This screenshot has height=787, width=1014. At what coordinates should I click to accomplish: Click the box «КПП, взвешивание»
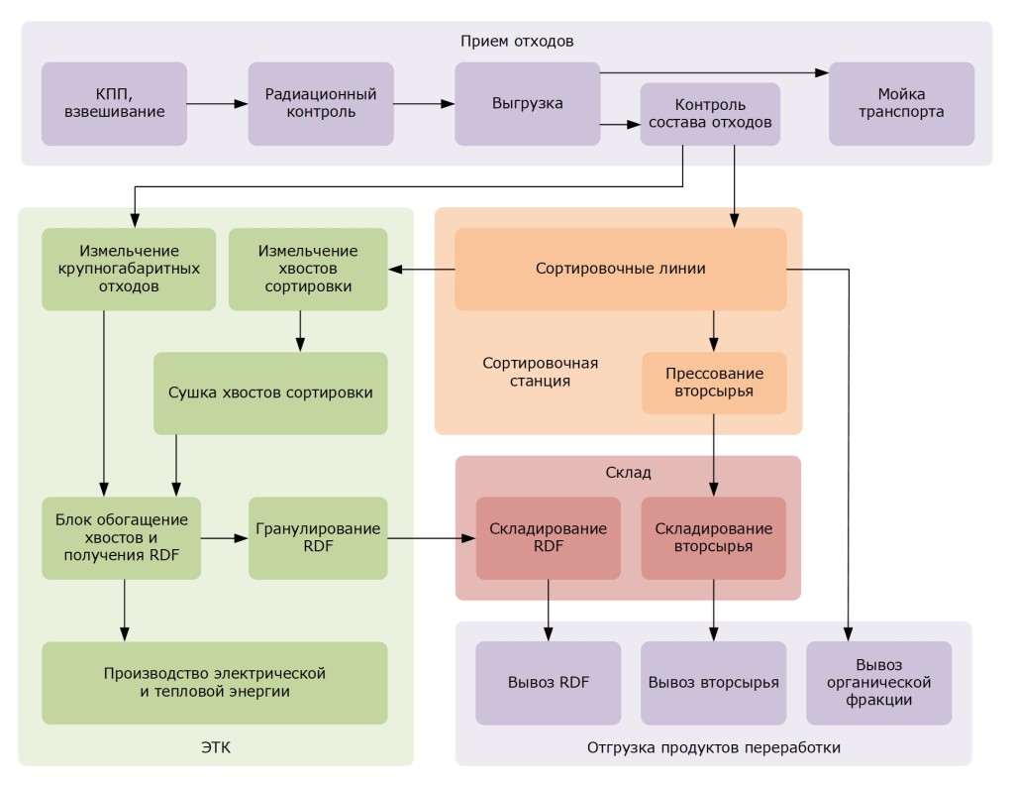(114, 104)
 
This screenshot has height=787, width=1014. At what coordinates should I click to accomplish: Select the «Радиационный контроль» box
(321, 104)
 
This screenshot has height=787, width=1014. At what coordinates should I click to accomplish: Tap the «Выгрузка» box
(527, 104)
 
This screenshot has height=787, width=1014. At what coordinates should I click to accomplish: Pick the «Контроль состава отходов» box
(710, 115)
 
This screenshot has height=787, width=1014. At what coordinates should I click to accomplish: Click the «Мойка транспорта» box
(901, 104)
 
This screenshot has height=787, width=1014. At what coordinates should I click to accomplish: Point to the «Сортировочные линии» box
(620, 269)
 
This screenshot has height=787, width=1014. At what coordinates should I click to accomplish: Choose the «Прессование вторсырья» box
(714, 383)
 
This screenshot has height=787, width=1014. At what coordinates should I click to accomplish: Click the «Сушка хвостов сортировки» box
(270, 393)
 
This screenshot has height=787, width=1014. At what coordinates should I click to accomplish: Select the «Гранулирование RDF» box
(317, 538)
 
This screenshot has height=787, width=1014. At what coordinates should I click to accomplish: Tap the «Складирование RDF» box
(548, 538)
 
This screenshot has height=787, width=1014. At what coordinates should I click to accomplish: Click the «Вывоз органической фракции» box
(878, 682)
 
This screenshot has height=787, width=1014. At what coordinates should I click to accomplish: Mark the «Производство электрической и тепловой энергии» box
(214, 682)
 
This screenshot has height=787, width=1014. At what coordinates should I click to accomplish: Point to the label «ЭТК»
(214, 746)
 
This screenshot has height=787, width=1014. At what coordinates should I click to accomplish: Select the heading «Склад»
(627, 474)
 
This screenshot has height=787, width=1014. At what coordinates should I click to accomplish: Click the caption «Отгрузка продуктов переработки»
(713, 747)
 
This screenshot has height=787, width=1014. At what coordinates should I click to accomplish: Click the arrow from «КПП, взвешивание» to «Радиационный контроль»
(217, 103)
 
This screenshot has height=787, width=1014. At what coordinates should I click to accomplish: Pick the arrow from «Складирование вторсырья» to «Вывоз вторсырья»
(714, 610)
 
